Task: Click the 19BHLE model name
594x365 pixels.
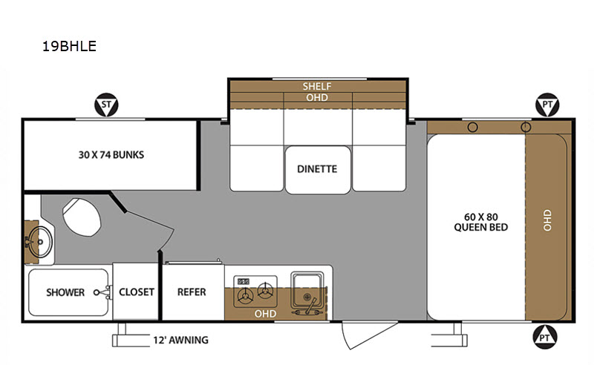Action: click(69, 46)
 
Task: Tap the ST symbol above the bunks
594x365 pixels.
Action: click(106, 105)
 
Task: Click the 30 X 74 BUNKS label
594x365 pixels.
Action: click(111, 154)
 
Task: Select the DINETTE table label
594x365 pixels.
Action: click(317, 169)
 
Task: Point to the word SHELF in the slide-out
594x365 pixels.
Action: click(317, 86)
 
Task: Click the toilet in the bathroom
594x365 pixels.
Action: click(81, 217)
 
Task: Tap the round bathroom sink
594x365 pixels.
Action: click(39, 242)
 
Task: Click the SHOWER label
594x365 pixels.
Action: click(65, 292)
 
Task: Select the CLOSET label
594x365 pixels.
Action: click(137, 292)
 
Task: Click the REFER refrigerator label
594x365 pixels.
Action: click(192, 292)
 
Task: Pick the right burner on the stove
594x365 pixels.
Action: click(265, 291)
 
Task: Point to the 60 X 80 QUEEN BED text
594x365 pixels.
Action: click(480, 222)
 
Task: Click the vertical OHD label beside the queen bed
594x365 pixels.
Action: click(547, 220)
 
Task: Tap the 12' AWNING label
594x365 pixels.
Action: click(180, 340)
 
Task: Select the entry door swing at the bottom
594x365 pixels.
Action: click(364, 335)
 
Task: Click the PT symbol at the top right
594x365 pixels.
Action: click(547, 105)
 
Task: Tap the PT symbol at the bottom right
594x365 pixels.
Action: click(544, 337)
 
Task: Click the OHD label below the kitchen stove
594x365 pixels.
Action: click(265, 314)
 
